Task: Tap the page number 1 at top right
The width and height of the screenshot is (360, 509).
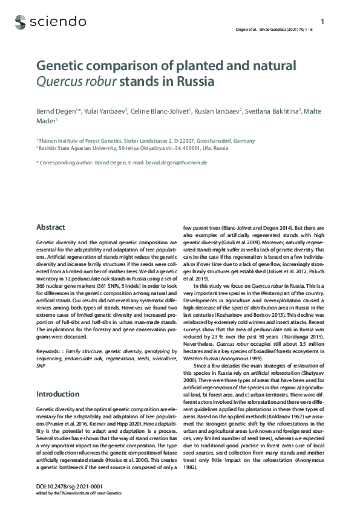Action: click(x=322, y=22)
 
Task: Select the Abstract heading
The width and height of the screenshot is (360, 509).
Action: click(x=51, y=227)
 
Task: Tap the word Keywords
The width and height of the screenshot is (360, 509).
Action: click(x=49, y=350)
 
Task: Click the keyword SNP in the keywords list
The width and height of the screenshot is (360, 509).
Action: click(x=41, y=366)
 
